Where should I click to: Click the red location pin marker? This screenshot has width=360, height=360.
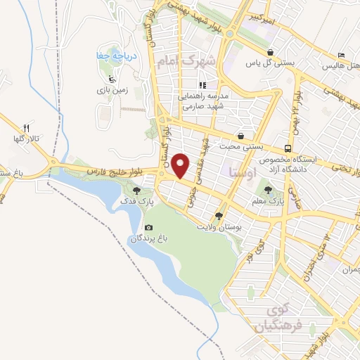[181, 165]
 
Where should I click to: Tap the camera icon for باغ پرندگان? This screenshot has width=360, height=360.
[148, 228]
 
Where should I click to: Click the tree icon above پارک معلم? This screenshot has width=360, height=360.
[268, 188]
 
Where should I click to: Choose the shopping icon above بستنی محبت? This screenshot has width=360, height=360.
[241, 136]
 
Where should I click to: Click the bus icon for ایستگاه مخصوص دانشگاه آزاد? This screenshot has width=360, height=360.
[288, 148]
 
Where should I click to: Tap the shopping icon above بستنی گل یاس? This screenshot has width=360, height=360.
[271, 51]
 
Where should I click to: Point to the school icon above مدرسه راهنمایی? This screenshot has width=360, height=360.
[202, 84]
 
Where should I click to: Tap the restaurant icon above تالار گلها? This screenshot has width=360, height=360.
[27, 127]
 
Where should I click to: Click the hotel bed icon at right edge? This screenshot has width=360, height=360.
[342, 55]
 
